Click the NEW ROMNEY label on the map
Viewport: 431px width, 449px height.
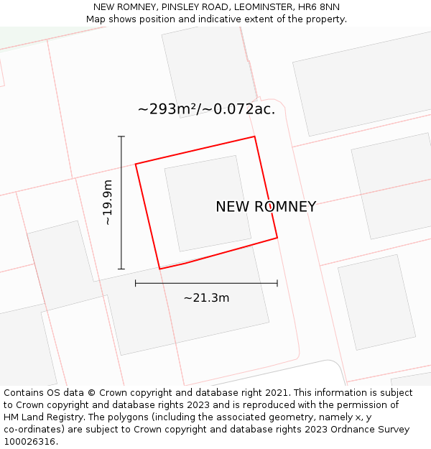click(x=266, y=207)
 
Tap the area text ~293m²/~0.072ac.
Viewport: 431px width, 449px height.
click(x=206, y=109)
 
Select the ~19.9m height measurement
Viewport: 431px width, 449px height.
click(x=108, y=203)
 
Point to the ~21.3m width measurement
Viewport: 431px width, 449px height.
click(x=206, y=297)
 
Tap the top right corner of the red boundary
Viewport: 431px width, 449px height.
click(x=254, y=136)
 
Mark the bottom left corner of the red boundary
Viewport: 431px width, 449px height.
click(x=159, y=269)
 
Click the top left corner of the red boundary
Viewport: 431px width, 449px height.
click(x=136, y=165)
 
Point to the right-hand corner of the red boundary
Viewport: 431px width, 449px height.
click(x=277, y=238)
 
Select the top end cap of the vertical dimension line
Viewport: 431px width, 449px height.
click(x=121, y=136)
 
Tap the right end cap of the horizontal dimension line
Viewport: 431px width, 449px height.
click(x=277, y=283)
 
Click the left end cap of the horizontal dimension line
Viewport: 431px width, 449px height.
click(x=136, y=283)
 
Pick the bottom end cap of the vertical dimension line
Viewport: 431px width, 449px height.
click(x=121, y=269)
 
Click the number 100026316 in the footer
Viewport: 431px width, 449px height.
click(x=29, y=442)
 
